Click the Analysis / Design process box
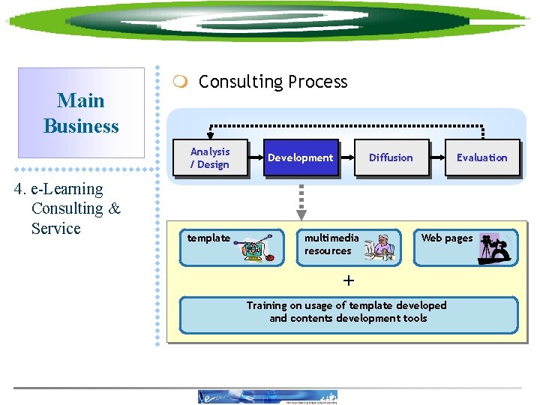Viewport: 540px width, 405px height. pos(210,157)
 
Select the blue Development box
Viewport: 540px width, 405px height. pos(301,157)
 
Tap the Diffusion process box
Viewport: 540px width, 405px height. pos(391,157)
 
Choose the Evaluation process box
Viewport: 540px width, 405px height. pos(481,157)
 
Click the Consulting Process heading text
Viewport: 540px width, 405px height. pos(273,82)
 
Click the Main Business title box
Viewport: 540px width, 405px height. pos(81,113)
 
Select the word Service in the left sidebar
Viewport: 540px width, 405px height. pos(55,229)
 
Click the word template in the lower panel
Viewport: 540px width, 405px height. pos(208,238)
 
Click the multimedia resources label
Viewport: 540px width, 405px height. pos(331,244)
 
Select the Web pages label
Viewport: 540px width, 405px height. pos(447,238)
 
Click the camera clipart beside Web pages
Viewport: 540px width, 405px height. pos(496,248)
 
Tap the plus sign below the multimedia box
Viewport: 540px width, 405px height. pos(348,280)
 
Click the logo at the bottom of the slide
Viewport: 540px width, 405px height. pos(267,397)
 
